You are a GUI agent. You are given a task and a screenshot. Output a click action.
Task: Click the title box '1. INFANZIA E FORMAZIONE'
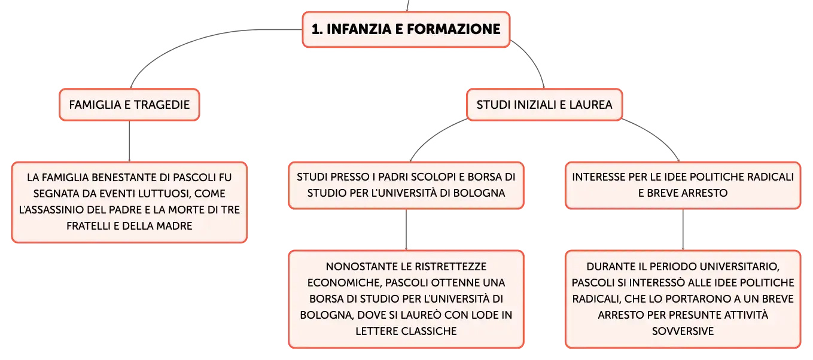pos(406,29)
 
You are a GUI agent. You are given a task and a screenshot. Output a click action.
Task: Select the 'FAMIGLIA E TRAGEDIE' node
pos(130,105)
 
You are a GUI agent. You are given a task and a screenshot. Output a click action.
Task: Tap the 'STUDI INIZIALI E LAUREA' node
pos(544,105)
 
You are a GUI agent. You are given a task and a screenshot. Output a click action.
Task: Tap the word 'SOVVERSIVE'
pos(683,331)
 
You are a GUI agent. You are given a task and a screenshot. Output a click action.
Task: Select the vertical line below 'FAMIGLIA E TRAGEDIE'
pos(129,141)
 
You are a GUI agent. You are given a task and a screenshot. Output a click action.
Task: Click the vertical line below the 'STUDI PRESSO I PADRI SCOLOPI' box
pos(406,230)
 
